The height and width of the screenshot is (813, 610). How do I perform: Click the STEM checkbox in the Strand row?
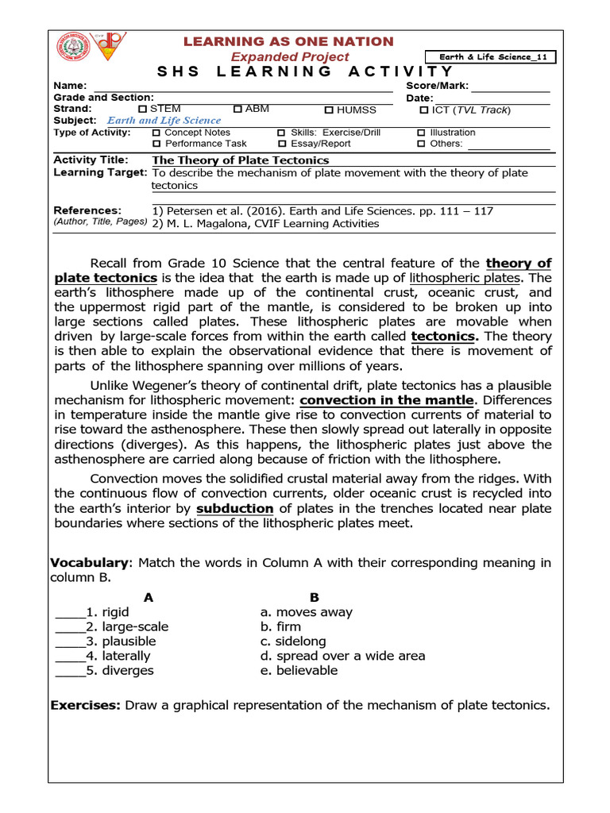[x=143, y=109]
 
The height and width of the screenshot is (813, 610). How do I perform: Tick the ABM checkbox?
[x=238, y=109]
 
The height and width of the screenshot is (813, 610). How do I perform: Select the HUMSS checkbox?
[x=329, y=110]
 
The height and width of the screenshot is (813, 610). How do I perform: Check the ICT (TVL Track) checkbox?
[x=424, y=110]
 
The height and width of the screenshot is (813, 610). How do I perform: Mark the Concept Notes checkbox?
[x=156, y=133]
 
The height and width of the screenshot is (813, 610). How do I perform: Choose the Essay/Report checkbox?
[x=281, y=144]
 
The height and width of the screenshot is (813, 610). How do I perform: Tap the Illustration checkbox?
[x=421, y=133]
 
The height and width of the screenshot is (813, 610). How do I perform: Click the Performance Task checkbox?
[x=156, y=144]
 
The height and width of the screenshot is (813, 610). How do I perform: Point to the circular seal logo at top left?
[x=72, y=48]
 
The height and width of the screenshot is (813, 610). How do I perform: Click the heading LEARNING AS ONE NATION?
[x=289, y=41]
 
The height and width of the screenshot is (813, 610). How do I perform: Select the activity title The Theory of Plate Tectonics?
[x=240, y=160]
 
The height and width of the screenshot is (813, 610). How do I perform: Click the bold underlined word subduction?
[x=235, y=508]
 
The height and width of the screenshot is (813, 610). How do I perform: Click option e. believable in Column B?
[x=299, y=670]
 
